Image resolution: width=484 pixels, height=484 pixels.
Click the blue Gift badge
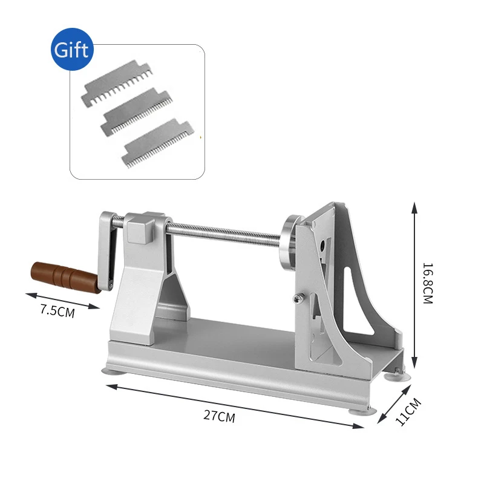coord(71,50)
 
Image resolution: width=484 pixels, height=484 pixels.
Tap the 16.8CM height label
coord(427,283)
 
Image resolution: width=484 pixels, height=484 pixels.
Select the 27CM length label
coord(218,416)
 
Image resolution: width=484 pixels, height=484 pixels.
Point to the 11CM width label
coord(408,411)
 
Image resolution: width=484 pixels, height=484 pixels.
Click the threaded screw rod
coord(224,232)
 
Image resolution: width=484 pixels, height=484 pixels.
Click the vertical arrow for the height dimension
coord(414,284)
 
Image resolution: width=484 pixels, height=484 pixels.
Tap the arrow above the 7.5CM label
coord(62,301)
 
